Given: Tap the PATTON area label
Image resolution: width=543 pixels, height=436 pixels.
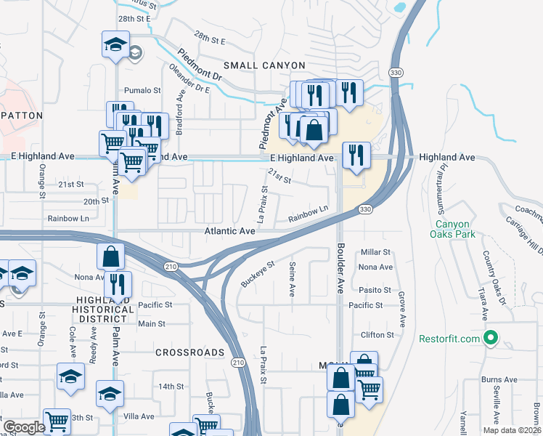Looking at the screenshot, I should [22, 116].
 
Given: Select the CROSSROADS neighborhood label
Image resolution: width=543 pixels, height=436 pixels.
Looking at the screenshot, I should [189, 352].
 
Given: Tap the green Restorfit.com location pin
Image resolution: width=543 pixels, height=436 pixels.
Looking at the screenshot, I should [490, 339].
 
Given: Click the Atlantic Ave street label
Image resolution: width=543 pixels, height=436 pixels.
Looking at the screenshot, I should [229, 231].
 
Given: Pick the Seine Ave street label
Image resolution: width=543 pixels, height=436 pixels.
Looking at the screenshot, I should [292, 279].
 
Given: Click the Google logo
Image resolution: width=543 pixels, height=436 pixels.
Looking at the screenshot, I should [23, 427].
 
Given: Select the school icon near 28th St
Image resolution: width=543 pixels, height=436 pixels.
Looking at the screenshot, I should [115, 45].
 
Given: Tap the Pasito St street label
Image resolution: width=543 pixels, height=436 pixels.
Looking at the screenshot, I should [375, 288].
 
